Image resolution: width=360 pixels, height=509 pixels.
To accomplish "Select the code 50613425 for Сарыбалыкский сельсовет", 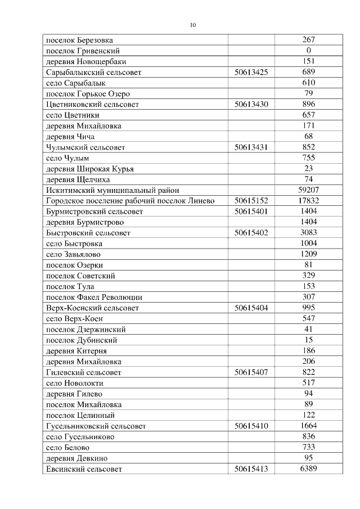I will pos(251,73).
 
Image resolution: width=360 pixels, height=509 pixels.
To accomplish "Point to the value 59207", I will pos(308,190).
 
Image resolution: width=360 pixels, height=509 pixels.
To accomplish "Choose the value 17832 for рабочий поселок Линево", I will pos(308,201).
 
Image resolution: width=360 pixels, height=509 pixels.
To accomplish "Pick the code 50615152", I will pos(251,201).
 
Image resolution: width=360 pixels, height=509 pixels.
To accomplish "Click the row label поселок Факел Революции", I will pos(93,298).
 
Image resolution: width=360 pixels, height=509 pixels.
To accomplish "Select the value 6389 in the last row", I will pos(308,469).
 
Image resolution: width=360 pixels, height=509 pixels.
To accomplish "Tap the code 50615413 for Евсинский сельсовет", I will pos(251,469).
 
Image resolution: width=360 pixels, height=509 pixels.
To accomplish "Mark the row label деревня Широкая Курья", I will pos(89,169).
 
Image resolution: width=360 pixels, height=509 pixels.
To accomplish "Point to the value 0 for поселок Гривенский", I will pos(308,51).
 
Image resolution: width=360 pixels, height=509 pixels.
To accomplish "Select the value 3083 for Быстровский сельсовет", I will pos(308,233).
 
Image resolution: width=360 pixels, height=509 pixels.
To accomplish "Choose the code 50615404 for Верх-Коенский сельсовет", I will pos(251,308).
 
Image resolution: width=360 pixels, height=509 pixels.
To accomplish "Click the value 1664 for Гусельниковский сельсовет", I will pos(308,426).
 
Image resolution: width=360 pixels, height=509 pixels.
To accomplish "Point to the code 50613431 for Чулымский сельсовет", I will pos(251,147).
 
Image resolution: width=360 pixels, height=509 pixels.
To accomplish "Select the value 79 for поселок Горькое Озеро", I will pos(308,94).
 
